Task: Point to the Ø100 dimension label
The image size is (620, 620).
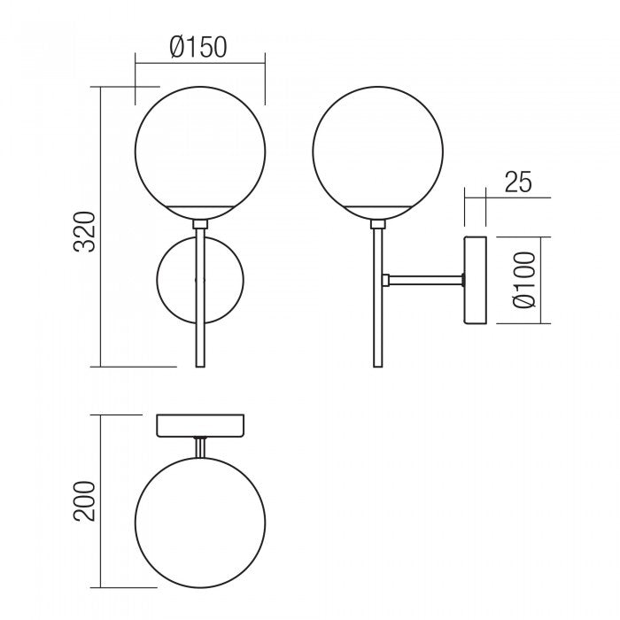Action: point(526,280)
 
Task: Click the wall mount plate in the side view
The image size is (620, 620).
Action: point(477,280)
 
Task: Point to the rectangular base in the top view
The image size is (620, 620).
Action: point(201,425)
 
